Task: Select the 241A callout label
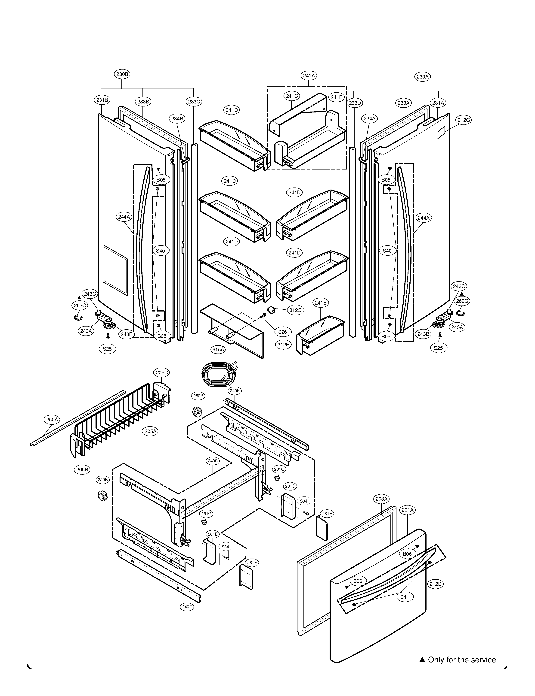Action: click(x=309, y=76)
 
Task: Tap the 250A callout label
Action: click(x=52, y=420)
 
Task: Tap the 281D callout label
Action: click(x=290, y=486)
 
